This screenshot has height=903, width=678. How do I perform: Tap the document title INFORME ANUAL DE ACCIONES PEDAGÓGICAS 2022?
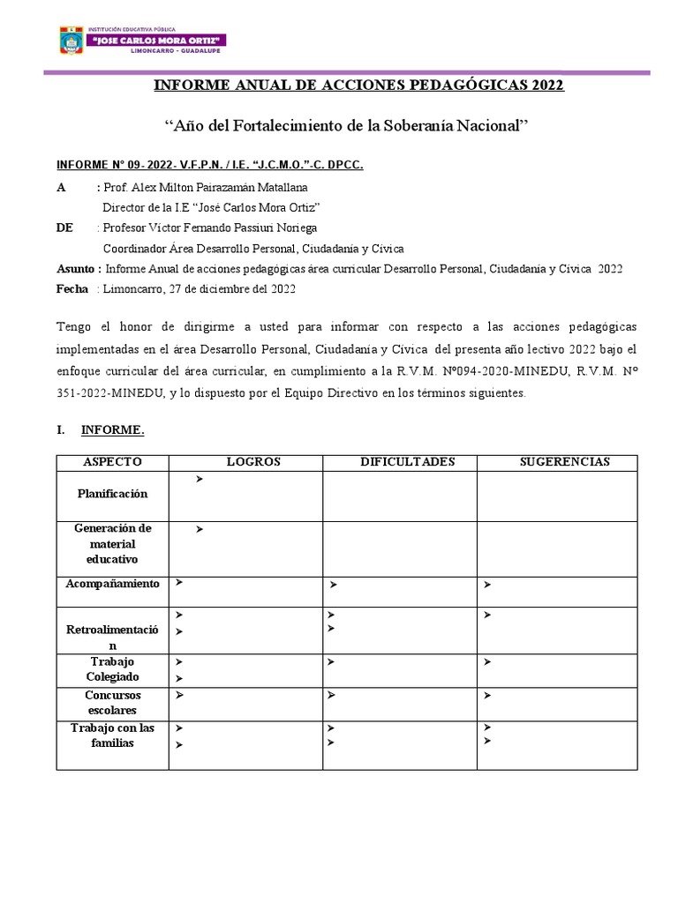coord(358,86)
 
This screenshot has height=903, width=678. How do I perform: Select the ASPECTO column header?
coord(112,462)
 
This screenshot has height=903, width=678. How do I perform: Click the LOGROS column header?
coord(253,462)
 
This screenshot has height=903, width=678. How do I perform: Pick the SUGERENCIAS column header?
coord(563,462)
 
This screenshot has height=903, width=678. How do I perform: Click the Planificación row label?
coord(112,494)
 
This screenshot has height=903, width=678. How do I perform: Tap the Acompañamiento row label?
coord(112,584)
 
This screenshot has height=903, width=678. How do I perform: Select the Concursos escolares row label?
coord(112,702)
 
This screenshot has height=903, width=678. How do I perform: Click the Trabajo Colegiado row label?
coord(112,669)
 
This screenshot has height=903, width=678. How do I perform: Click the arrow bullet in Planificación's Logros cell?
coord(200,479)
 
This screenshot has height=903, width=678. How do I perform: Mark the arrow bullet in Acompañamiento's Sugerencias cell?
coord(486,584)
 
